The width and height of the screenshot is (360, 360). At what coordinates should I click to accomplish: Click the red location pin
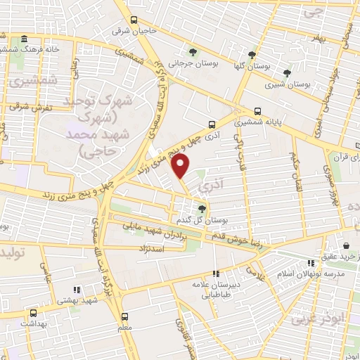181,167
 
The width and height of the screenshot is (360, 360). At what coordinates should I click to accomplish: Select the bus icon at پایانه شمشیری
258,111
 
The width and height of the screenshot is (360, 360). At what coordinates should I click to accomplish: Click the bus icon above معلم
125,316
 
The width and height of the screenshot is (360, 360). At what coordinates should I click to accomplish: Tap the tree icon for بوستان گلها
252,54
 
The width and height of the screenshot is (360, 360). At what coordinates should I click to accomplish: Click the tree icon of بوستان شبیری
286,72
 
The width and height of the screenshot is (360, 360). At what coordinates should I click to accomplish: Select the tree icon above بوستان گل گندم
202,208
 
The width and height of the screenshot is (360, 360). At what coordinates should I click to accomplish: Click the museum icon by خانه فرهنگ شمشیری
25,39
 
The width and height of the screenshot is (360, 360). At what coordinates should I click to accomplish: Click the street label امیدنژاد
148,249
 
